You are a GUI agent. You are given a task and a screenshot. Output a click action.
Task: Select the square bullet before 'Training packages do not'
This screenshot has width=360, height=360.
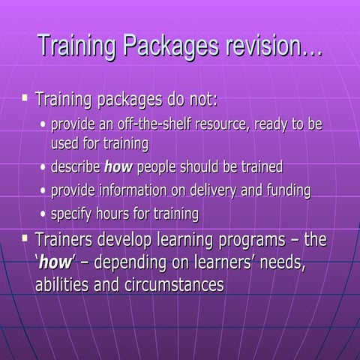point(25,97)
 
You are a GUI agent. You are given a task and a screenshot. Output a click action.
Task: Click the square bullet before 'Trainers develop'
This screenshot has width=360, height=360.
point(25,239)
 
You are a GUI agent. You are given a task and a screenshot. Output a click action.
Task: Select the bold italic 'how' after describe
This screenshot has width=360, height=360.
point(118,166)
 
